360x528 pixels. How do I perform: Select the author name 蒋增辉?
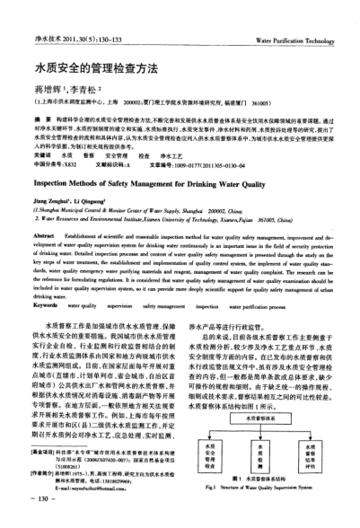46,90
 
